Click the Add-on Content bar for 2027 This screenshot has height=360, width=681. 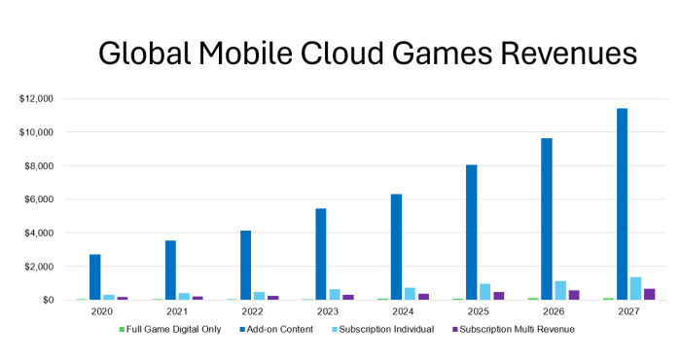coord(622,204)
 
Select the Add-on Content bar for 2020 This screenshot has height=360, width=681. coord(94,277)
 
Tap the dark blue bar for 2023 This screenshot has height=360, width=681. coord(321,254)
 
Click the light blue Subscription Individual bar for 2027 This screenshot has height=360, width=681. coord(635,289)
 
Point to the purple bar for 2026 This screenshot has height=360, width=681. coord(574,295)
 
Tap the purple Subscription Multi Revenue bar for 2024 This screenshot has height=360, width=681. coord(423,297)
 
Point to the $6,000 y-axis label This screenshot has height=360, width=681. coord(39,199)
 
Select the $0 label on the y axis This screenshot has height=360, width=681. coord(47,300)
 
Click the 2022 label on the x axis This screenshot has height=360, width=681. coord(252,312)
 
